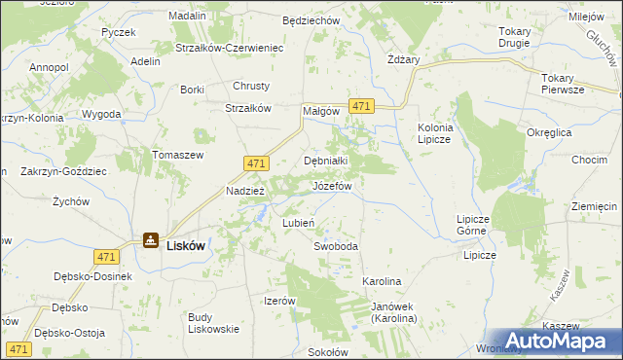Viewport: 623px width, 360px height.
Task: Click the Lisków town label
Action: (185, 246)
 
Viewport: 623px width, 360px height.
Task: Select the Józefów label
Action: (331, 185)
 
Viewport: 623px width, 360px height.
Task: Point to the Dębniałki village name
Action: (326, 161)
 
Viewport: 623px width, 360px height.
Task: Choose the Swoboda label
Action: (336, 246)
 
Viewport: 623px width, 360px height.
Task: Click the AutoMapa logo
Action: (557, 340)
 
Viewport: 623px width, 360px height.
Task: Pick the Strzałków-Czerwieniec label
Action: (229, 48)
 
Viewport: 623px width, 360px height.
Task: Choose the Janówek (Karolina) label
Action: (393, 312)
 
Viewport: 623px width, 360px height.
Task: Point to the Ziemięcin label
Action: (595, 206)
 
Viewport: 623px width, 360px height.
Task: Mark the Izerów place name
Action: (279, 301)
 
